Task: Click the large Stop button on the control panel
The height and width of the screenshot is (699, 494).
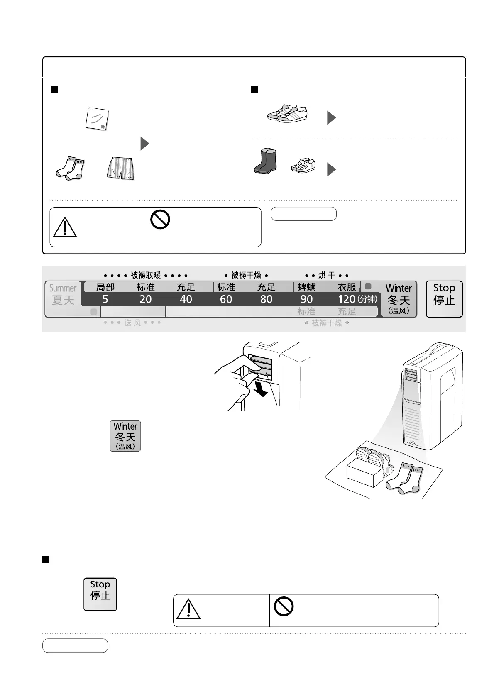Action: click(444, 299)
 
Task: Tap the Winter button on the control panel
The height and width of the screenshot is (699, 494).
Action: click(399, 299)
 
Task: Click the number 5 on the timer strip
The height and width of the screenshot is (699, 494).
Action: click(105, 299)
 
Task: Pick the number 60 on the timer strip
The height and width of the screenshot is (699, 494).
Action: click(226, 299)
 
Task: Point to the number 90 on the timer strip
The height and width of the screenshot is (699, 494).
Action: click(306, 299)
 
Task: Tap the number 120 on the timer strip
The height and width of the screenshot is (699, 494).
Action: click(346, 299)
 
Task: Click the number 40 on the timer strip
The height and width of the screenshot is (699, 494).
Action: click(186, 299)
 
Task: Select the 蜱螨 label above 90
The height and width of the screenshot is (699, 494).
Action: click(306, 287)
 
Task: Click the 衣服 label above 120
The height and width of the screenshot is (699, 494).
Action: click(347, 287)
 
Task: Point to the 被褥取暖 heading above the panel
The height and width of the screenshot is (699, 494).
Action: click(145, 275)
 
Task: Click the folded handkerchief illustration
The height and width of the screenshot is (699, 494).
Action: click(97, 120)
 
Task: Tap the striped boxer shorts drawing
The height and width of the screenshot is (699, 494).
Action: click(120, 168)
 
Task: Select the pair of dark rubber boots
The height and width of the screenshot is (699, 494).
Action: click(265, 161)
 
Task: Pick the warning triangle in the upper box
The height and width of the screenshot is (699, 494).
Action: click(65, 227)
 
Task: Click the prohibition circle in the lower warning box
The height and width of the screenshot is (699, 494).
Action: click(284, 606)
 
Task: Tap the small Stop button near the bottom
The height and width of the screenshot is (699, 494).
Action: click(100, 594)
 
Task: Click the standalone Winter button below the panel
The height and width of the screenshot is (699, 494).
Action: click(125, 436)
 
